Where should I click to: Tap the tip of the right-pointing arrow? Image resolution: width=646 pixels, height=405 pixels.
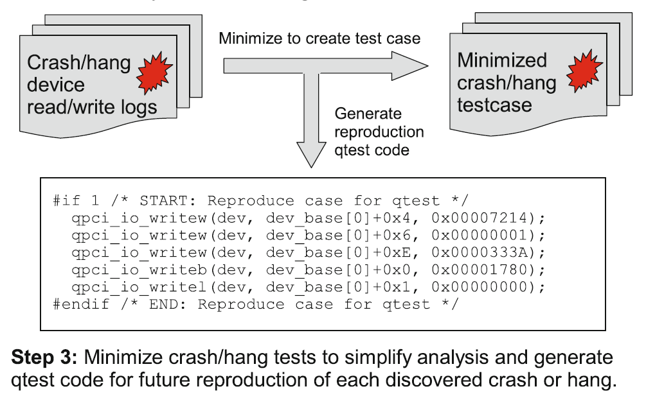click(x=426, y=65)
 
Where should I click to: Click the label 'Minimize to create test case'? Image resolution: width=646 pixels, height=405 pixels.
click(x=319, y=38)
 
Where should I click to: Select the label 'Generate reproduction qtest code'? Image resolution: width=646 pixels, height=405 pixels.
click(x=379, y=132)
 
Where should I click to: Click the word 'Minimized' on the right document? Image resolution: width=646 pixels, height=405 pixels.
click(x=502, y=61)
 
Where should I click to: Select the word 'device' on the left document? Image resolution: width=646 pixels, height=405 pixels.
click(x=56, y=85)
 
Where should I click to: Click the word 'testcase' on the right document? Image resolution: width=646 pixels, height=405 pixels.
click(x=494, y=105)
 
